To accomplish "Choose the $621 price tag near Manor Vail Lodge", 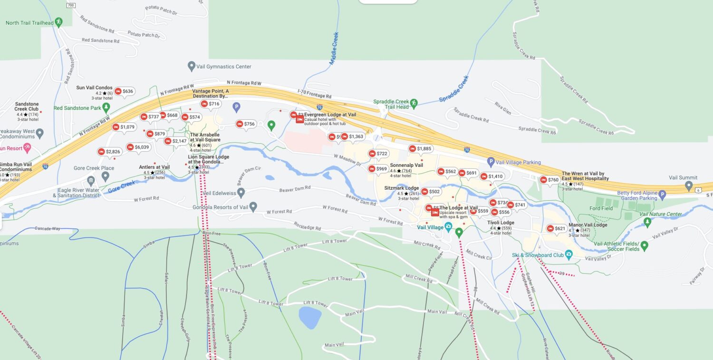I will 556,228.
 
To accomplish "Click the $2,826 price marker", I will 109,152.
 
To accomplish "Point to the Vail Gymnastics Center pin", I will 192,66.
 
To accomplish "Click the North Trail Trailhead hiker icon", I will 58,22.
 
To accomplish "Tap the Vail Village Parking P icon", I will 491,162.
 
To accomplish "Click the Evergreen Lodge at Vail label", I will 330,115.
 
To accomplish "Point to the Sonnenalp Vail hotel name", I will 406,165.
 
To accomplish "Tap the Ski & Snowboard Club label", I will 538,255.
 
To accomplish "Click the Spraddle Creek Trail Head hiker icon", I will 414,103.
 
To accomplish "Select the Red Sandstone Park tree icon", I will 106,107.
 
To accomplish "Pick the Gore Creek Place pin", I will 106,176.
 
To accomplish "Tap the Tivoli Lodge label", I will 501,223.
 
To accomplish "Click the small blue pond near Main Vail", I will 310,317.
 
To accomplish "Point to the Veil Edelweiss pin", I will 241,192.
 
